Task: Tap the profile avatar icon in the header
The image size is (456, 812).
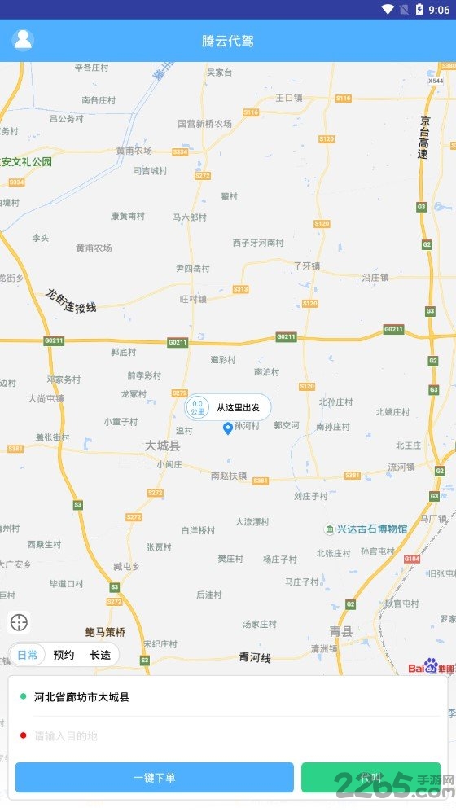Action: point(24,39)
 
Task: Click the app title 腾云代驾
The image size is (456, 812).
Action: point(228,41)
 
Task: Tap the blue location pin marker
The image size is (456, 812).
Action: point(228,428)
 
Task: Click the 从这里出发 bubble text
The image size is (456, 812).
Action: point(239,407)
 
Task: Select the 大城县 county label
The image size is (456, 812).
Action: point(162,446)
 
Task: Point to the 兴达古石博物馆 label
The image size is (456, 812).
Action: point(371,529)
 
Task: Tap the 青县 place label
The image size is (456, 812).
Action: point(341,631)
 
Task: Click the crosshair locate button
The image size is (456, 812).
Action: point(20,623)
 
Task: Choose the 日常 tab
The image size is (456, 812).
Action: point(28,655)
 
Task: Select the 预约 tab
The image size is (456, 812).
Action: point(64,655)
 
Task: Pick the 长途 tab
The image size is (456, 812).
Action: point(100,655)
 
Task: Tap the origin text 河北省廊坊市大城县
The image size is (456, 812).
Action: point(81,697)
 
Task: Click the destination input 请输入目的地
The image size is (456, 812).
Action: point(66,736)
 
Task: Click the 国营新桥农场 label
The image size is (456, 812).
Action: point(204,124)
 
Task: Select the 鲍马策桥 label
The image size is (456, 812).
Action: point(105,632)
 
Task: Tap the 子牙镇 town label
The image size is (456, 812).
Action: point(307,266)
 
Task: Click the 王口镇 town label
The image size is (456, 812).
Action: point(289,98)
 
